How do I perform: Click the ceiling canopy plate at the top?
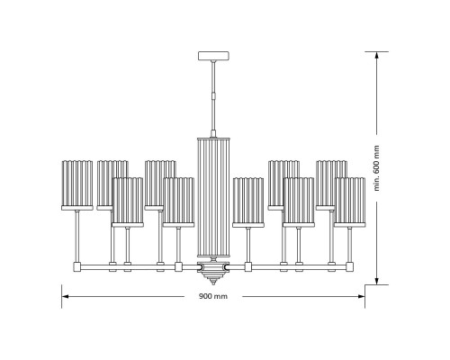(x=214, y=56)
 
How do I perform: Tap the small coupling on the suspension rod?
(x=214, y=93)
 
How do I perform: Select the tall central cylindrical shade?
(x=214, y=198)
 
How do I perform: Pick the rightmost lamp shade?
(x=349, y=201)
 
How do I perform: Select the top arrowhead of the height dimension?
(x=376, y=55)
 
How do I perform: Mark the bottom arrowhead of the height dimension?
(x=376, y=281)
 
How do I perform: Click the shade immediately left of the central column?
(x=178, y=201)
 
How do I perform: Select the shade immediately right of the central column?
(x=247, y=201)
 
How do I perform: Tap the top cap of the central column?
(x=214, y=136)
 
